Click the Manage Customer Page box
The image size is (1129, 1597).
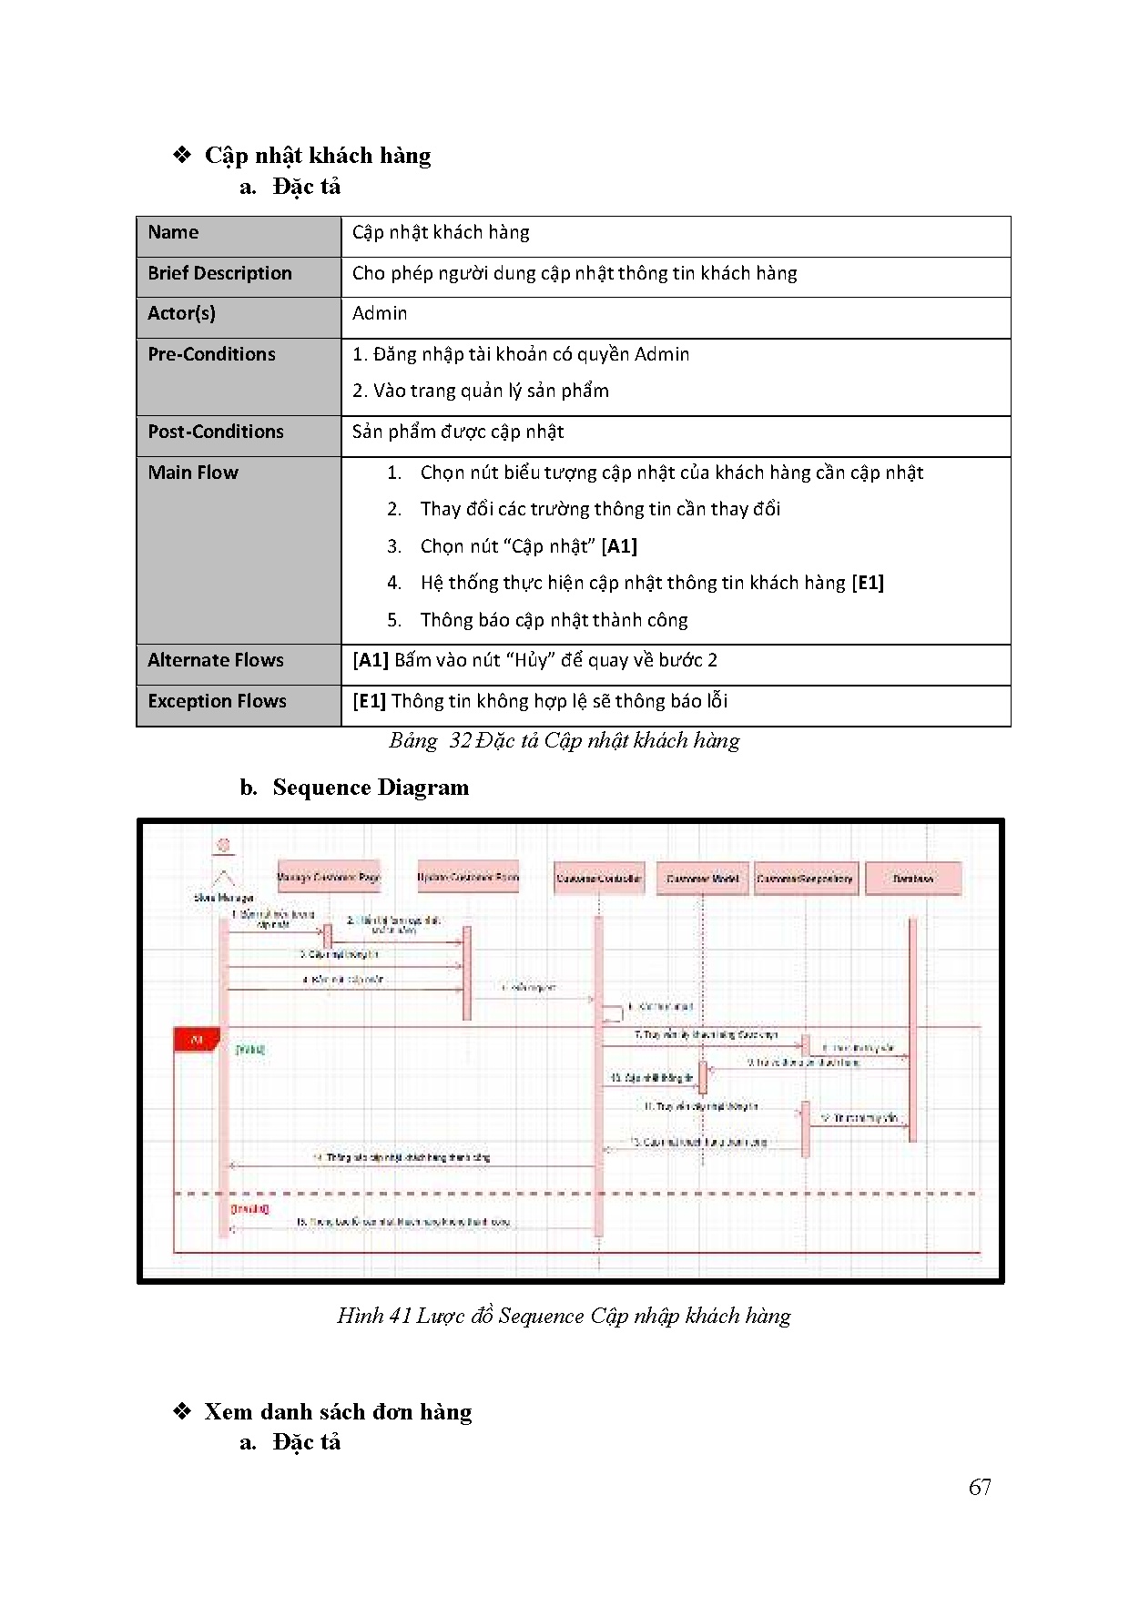[x=329, y=877]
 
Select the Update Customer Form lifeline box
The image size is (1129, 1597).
[x=468, y=877]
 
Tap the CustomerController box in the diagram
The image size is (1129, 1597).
[x=598, y=879]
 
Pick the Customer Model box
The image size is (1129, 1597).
[x=702, y=879]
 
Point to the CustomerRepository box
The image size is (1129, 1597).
[x=805, y=879]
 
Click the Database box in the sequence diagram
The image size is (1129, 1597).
[x=912, y=879]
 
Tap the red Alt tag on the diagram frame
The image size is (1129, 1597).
[x=196, y=1039]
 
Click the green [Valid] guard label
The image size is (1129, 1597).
[x=250, y=1050]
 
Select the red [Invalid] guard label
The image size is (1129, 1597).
[x=249, y=1209]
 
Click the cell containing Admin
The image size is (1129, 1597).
[x=380, y=313]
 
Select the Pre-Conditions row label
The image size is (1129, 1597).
[x=211, y=354]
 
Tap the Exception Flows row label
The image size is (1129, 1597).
[x=217, y=701]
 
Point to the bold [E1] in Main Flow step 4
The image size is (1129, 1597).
[x=868, y=583]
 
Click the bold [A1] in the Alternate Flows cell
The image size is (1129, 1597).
[x=371, y=660]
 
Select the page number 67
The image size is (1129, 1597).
[x=980, y=1487]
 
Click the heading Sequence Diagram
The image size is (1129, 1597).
[x=371, y=788]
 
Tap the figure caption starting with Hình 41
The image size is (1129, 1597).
[x=564, y=1316]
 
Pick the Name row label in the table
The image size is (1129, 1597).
[x=173, y=232]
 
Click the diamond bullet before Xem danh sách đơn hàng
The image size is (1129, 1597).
[x=182, y=1411]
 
